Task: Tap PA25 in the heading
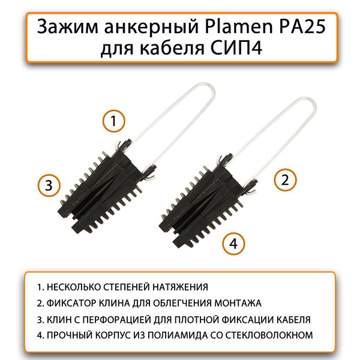[302, 26]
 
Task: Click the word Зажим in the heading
[68, 26]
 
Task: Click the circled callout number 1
[113, 121]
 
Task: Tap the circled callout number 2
[285, 180]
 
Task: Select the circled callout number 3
[49, 185]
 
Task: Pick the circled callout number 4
[233, 244]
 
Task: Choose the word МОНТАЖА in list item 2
[238, 303]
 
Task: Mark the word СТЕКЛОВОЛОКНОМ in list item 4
[269, 335]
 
